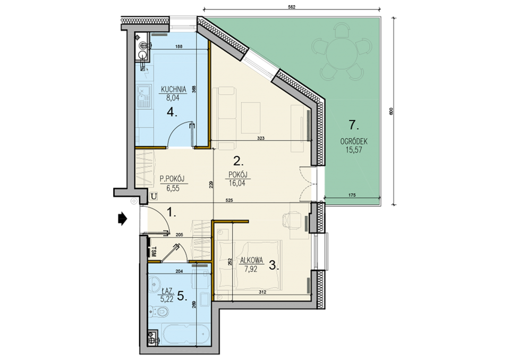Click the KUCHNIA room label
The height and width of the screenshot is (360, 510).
coord(174,89)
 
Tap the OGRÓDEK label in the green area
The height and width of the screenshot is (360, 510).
coord(354,141)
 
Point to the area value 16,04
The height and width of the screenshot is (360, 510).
coord(237,183)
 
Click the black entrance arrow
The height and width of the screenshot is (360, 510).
coord(122,219)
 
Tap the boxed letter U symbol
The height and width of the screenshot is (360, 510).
coord(154,196)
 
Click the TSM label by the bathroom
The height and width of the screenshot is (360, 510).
coord(154,252)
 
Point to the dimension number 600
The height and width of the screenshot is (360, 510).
coord(392,112)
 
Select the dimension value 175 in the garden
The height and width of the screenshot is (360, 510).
coord(352,195)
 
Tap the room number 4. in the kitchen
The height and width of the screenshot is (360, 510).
coord(172,112)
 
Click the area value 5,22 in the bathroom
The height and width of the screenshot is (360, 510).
coord(167,298)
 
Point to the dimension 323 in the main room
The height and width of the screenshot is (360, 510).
coord(260,138)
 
